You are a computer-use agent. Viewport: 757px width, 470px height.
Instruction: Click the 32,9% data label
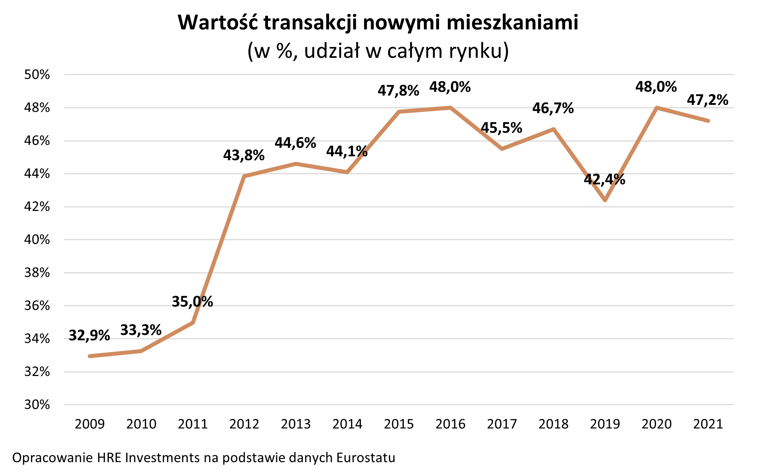click(x=89, y=336)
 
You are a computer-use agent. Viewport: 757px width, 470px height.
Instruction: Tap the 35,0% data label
click(x=192, y=302)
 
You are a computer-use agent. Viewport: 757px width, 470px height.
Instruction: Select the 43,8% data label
click(x=244, y=156)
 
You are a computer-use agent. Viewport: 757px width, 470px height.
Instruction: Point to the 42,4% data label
click(x=604, y=179)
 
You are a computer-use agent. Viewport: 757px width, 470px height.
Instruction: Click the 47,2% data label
click(x=707, y=100)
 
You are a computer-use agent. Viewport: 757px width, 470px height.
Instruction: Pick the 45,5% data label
click(x=501, y=128)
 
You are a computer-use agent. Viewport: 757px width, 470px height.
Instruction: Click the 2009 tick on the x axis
click(x=90, y=424)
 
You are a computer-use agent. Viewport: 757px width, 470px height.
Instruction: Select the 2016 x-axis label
click(x=450, y=424)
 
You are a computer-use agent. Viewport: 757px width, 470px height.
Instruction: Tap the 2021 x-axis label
click(x=708, y=424)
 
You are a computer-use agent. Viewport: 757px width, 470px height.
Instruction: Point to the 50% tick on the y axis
click(x=37, y=75)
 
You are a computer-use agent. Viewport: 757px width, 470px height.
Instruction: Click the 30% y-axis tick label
click(x=37, y=404)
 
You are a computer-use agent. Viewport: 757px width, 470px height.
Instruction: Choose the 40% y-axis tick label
click(x=37, y=240)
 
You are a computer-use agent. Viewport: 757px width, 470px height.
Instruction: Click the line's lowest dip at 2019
click(x=605, y=200)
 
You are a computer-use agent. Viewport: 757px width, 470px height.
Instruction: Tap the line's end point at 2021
click(x=708, y=121)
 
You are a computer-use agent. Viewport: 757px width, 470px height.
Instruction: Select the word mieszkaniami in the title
click(x=512, y=23)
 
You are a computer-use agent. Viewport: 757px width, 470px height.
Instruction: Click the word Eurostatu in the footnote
click(x=366, y=458)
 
